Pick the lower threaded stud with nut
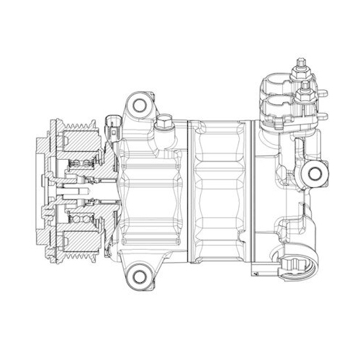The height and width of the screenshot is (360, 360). coord(303,91)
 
